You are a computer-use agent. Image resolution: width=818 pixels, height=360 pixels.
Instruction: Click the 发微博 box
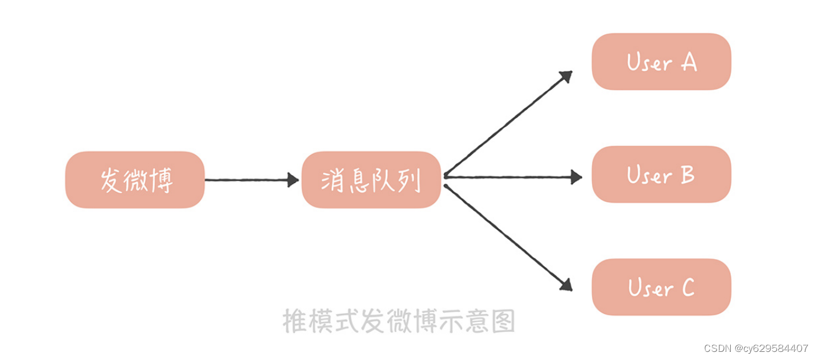[x=135, y=180]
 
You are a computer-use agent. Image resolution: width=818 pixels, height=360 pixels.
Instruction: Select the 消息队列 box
[x=371, y=180]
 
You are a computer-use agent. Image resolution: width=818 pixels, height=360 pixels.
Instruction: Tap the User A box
[x=661, y=62]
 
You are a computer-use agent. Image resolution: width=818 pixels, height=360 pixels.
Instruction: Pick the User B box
[x=661, y=174]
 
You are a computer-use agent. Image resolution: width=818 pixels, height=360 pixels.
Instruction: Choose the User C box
[x=661, y=287]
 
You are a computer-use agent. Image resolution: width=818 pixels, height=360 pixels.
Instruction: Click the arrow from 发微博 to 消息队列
[x=249, y=180]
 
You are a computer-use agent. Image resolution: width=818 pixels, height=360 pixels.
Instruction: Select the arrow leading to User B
[x=510, y=177]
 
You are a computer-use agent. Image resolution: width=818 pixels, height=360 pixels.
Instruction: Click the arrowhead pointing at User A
[x=566, y=76]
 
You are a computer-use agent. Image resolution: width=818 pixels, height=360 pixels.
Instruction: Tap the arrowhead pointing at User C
[x=566, y=285]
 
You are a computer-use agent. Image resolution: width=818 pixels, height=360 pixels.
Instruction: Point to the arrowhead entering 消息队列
[x=293, y=180]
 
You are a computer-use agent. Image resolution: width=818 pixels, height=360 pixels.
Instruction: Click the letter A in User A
[x=689, y=62]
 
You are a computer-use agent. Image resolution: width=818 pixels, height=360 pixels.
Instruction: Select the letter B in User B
[x=687, y=175]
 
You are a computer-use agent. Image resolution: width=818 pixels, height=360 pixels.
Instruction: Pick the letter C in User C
[x=687, y=288]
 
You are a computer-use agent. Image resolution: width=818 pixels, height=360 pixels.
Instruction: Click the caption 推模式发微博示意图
[x=398, y=321]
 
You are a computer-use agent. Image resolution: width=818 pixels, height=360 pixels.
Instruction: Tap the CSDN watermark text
[x=756, y=348]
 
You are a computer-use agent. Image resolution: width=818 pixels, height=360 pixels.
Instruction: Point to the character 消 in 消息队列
[x=332, y=180]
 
